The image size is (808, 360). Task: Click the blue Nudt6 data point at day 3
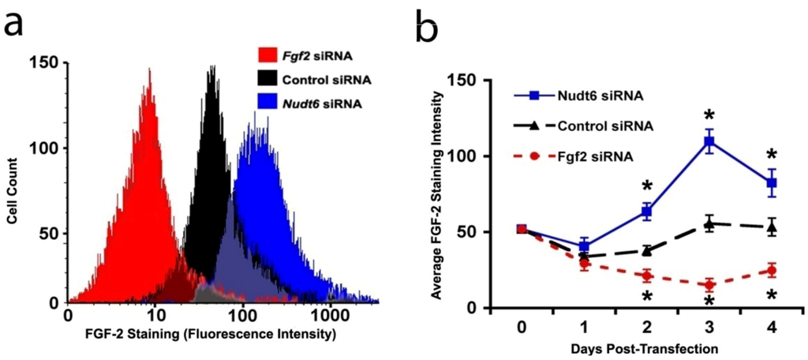point(709,142)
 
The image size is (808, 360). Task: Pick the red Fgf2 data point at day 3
point(709,285)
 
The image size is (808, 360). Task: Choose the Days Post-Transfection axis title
point(646,347)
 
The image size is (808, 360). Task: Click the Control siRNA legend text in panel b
point(608,126)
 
